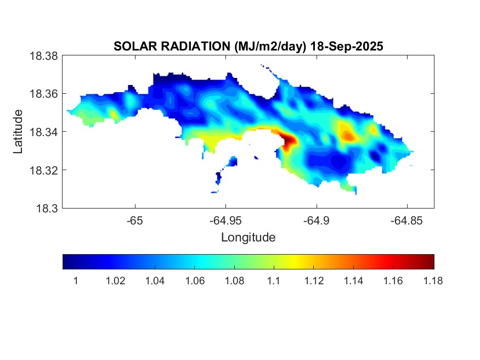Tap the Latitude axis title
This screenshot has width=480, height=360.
pyautogui.click(x=18, y=132)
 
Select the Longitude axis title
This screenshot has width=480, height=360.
pyautogui.click(x=248, y=238)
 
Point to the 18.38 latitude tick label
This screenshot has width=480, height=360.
pyautogui.click(x=43, y=56)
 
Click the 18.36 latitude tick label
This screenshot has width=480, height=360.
pyautogui.click(x=43, y=94)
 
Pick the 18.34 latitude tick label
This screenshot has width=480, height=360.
pyautogui.click(x=43, y=132)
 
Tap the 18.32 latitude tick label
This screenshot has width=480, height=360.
pyautogui.click(x=43, y=170)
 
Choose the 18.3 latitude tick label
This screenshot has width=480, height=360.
pyautogui.click(x=46, y=208)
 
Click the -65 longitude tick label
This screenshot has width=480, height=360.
pyautogui.click(x=135, y=220)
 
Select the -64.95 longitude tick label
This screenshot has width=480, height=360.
pyautogui.click(x=225, y=220)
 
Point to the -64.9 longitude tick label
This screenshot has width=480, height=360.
pyautogui.click(x=316, y=220)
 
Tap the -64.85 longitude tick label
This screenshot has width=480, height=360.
pyautogui.click(x=406, y=220)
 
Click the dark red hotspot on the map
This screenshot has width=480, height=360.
pyautogui.click(x=290, y=142)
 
